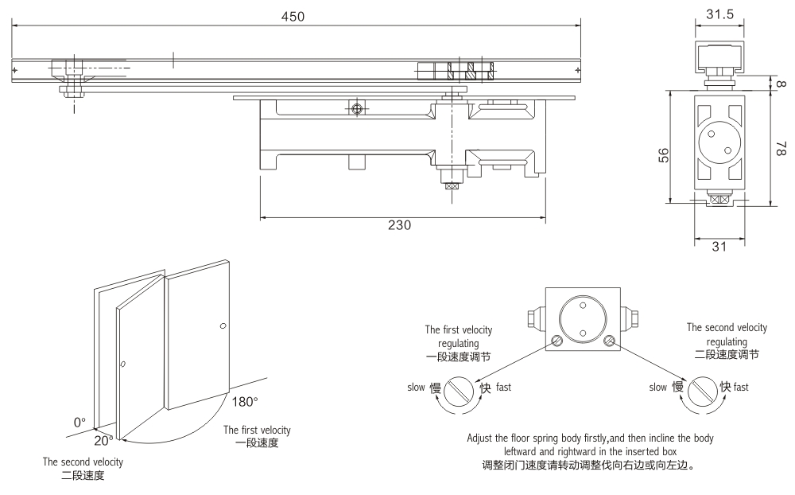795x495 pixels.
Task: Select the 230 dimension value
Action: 399,225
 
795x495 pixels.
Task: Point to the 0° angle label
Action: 79,423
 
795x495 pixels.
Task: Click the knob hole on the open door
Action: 123,364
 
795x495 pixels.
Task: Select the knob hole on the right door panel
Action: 222,326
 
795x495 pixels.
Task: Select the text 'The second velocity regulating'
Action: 726,333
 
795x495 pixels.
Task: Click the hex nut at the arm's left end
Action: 72,90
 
